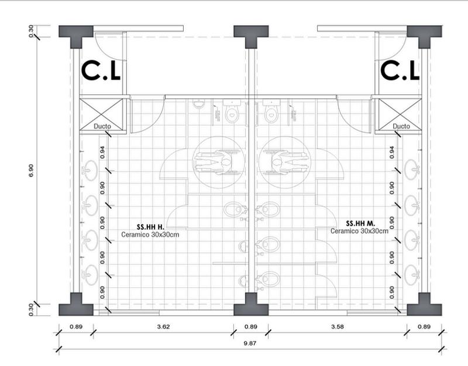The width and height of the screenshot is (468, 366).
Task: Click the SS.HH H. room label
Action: tap(149, 226)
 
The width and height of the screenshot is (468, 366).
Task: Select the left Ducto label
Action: tap(103, 126)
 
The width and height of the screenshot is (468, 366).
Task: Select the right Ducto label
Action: tap(401, 126)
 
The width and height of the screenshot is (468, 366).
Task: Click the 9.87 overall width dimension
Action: tap(251, 343)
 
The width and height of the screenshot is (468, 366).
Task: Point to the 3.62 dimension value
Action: tap(163, 327)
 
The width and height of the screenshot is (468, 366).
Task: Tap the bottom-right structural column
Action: tap(425, 304)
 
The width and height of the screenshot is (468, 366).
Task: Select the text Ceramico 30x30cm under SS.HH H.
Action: tap(150, 234)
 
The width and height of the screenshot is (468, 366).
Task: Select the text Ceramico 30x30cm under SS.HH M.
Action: tap(359, 232)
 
